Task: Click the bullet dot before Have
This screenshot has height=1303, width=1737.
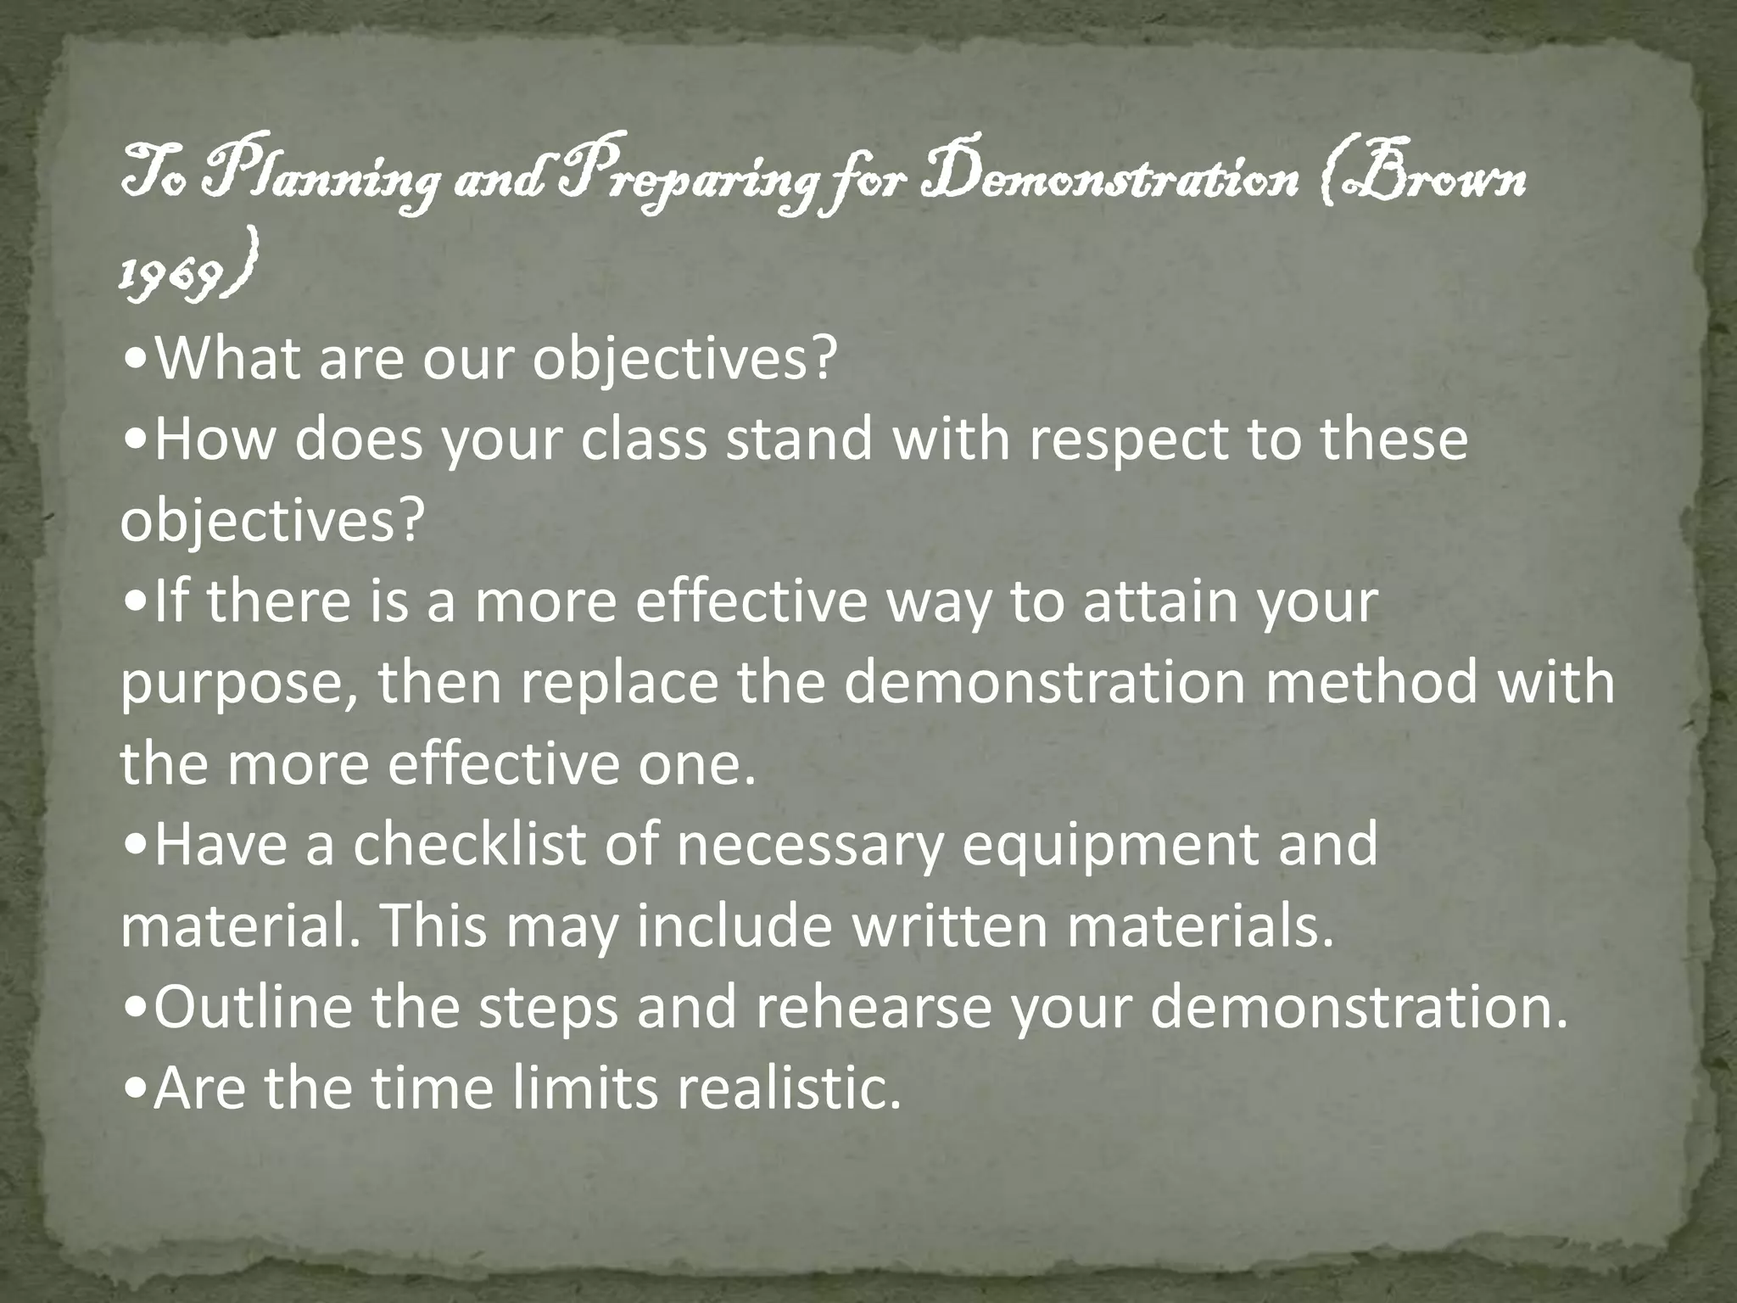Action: click(x=136, y=847)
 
